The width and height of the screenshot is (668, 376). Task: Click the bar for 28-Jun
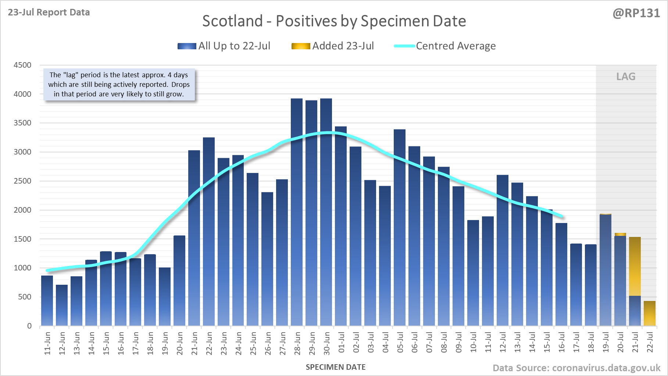297,213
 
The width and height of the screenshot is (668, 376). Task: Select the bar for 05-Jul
400,228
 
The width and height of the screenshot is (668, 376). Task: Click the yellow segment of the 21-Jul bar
635,266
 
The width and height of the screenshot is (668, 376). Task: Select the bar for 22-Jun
209,232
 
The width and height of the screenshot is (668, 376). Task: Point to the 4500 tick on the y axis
22,65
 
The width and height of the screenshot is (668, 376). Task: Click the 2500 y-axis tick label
22,181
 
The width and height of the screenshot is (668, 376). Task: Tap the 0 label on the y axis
29,326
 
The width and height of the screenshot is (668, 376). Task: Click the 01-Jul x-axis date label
342,343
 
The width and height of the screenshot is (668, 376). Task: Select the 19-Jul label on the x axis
606,343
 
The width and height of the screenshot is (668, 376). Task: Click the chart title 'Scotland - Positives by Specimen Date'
334,21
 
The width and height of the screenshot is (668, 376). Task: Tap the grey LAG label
626,77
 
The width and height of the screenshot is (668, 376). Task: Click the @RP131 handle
636,13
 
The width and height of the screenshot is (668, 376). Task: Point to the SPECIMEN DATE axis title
336,367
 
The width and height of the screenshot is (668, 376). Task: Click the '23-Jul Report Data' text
49,13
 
